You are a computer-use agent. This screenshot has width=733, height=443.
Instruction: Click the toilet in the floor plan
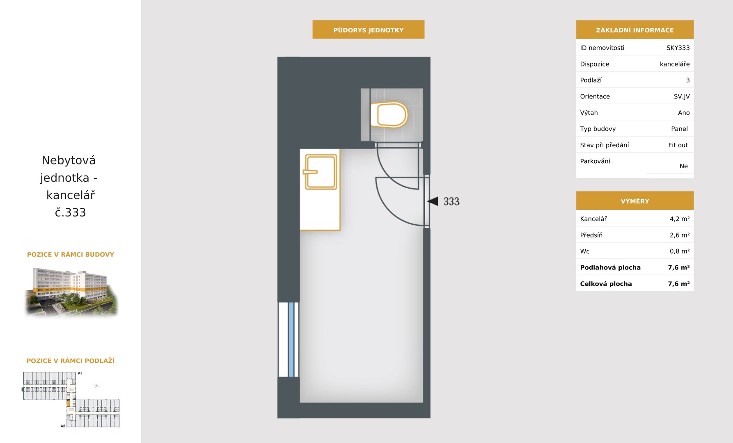[389, 115]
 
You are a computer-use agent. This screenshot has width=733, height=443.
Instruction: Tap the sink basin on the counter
[321, 172]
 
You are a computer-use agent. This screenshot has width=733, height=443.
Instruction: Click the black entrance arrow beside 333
[433, 201]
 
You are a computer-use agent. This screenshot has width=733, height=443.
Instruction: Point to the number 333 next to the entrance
[451, 201]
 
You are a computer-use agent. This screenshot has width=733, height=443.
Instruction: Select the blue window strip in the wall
[291, 340]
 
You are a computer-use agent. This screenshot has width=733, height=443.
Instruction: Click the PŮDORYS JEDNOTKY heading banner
[369, 30]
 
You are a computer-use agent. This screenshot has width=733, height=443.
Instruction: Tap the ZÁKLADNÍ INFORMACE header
[635, 30]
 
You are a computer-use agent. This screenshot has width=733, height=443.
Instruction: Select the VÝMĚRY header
[635, 201]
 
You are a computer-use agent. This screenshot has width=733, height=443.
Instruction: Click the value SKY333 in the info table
[678, 48]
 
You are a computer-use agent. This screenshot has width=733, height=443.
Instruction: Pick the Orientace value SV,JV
[682, 96]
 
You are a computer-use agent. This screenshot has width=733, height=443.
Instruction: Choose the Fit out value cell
[678, 145]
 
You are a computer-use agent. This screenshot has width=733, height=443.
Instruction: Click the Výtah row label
[589, 113]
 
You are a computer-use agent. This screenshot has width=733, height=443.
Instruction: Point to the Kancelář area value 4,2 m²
[680, 219]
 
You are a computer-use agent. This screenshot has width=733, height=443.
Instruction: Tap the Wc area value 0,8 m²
[680, 251]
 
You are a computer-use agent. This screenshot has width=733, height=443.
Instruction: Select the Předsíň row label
[591, 235]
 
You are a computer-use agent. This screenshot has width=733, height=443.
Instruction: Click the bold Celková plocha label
[606, 283]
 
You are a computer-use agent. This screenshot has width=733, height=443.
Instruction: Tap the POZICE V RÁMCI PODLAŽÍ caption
[71, 361]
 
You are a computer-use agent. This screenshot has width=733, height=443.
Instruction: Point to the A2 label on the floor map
[63, 426]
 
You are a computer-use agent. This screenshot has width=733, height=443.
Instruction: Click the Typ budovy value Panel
[679, 129]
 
